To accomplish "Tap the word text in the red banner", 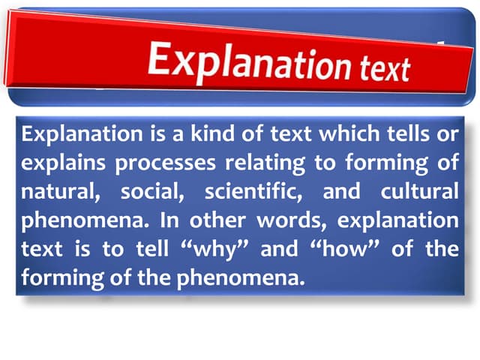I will [x=380, y=68].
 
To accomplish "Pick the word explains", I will [x=60, y=163].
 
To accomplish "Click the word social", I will [x=151, y=192].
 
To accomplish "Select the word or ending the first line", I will [x=447, y=135].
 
